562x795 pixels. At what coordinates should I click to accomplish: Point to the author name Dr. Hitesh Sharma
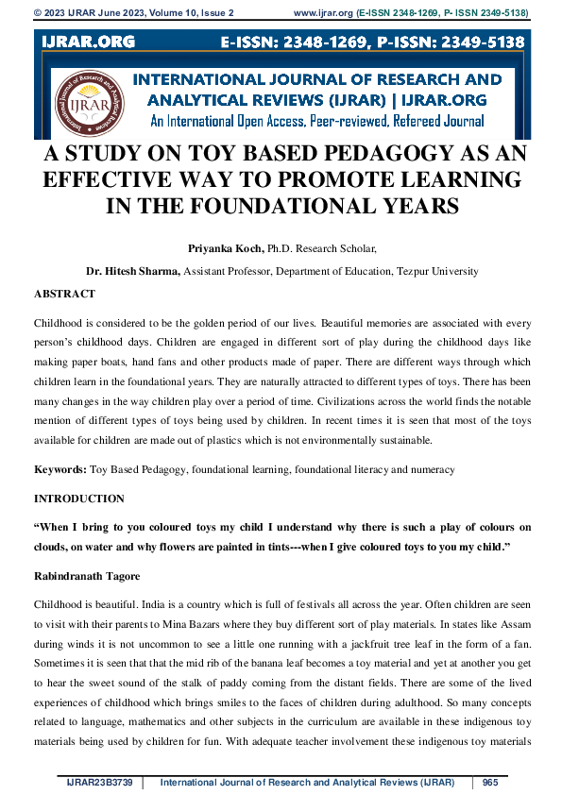132,271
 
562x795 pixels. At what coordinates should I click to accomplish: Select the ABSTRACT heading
64,295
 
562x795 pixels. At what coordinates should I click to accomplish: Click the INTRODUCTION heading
78,498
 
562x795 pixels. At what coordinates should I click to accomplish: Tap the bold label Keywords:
60,468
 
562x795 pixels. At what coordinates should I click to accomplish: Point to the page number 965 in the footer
490,783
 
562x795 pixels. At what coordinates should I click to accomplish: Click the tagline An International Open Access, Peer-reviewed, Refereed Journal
317,120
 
